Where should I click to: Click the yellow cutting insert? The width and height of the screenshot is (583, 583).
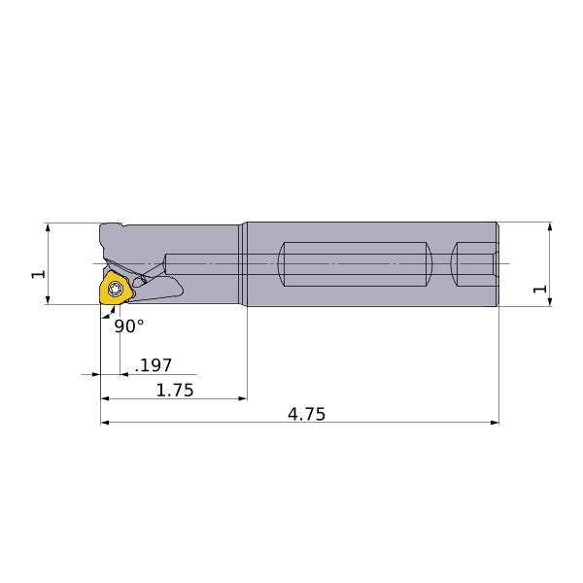click(x=115, y=290)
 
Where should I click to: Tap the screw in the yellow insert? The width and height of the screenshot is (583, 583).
click(x=115, y=289)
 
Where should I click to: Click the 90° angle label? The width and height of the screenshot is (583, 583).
click(x=129, y=326)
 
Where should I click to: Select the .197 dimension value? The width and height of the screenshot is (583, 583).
click(x=154, y=365)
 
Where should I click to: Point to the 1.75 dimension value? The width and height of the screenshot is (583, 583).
click(x=175, y=390)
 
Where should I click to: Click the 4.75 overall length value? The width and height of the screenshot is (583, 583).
click(x=306, y=414)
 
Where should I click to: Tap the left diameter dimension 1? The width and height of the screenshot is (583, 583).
click(x=38, y=274)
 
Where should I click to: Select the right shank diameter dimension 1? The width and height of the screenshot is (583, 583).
click(x=540, y=289)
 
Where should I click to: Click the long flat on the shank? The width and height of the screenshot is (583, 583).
click(x=355, y=264)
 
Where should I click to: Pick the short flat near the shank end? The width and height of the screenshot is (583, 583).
click(x=474, y=264)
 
